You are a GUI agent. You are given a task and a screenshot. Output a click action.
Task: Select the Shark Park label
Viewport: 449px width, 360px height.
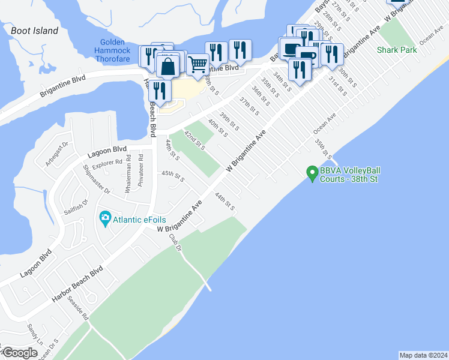point(397,50)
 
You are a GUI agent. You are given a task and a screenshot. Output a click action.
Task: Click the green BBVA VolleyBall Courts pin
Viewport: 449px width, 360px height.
point(312,173)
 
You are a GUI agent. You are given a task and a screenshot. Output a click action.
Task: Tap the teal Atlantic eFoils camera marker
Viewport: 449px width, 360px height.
point(105,217)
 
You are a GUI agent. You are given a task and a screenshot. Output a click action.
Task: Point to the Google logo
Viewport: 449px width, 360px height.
point(19,353)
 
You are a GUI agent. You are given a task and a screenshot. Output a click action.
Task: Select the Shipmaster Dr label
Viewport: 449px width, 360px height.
point(97,179)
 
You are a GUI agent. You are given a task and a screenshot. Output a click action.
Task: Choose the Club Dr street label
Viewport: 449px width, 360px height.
point(175,242)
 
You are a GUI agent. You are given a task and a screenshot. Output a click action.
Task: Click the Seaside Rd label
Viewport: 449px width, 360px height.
point(78,307)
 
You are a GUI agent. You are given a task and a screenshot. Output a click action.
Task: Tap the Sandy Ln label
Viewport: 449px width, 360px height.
point(32,330)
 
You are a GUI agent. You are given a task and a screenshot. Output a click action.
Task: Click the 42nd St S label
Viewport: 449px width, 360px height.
point(194,139)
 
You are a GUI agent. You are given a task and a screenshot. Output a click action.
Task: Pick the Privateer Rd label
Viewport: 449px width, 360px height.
point(140,170)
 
